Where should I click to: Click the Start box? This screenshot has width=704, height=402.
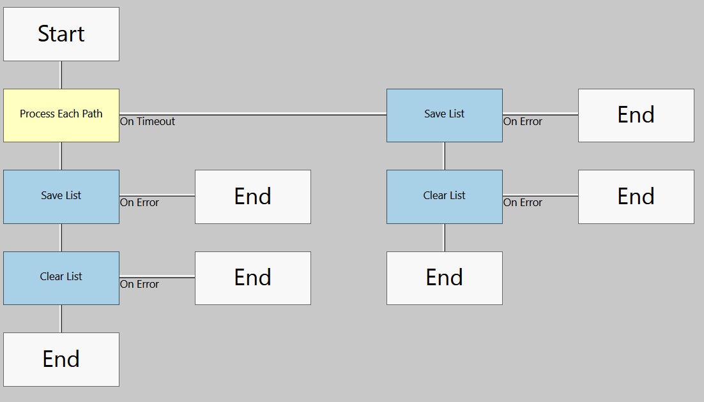point(61,34)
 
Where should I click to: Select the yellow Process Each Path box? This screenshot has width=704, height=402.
point(61,115)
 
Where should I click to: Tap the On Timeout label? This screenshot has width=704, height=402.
point(148,121)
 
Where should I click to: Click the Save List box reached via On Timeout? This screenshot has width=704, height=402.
point(445,115)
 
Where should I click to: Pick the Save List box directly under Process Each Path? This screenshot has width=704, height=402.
point(61,197)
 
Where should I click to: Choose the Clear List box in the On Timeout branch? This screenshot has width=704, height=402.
point(445,197)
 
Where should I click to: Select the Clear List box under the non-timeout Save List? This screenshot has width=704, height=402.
point(61,278)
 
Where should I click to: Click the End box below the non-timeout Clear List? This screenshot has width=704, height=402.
point(61,359)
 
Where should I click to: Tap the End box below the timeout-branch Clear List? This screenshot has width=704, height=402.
point(445,278)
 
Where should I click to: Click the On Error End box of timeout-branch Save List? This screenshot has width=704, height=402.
point(636,115)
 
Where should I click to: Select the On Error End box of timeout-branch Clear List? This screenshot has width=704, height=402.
point(636,197)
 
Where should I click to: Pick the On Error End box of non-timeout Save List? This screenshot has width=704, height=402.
point(253,197)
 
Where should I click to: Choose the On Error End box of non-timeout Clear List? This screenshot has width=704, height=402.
point(253,278)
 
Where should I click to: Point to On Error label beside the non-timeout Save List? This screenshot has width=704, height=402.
point(139,202)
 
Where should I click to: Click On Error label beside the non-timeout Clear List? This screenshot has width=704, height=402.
point(139,284)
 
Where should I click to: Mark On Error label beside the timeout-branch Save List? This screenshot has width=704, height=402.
point(523,121)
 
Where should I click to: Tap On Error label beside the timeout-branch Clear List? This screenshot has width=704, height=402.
point(523,202)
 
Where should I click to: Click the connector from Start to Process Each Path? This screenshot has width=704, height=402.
point(61,75)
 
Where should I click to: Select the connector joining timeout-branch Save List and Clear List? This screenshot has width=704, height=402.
point(445,156)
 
